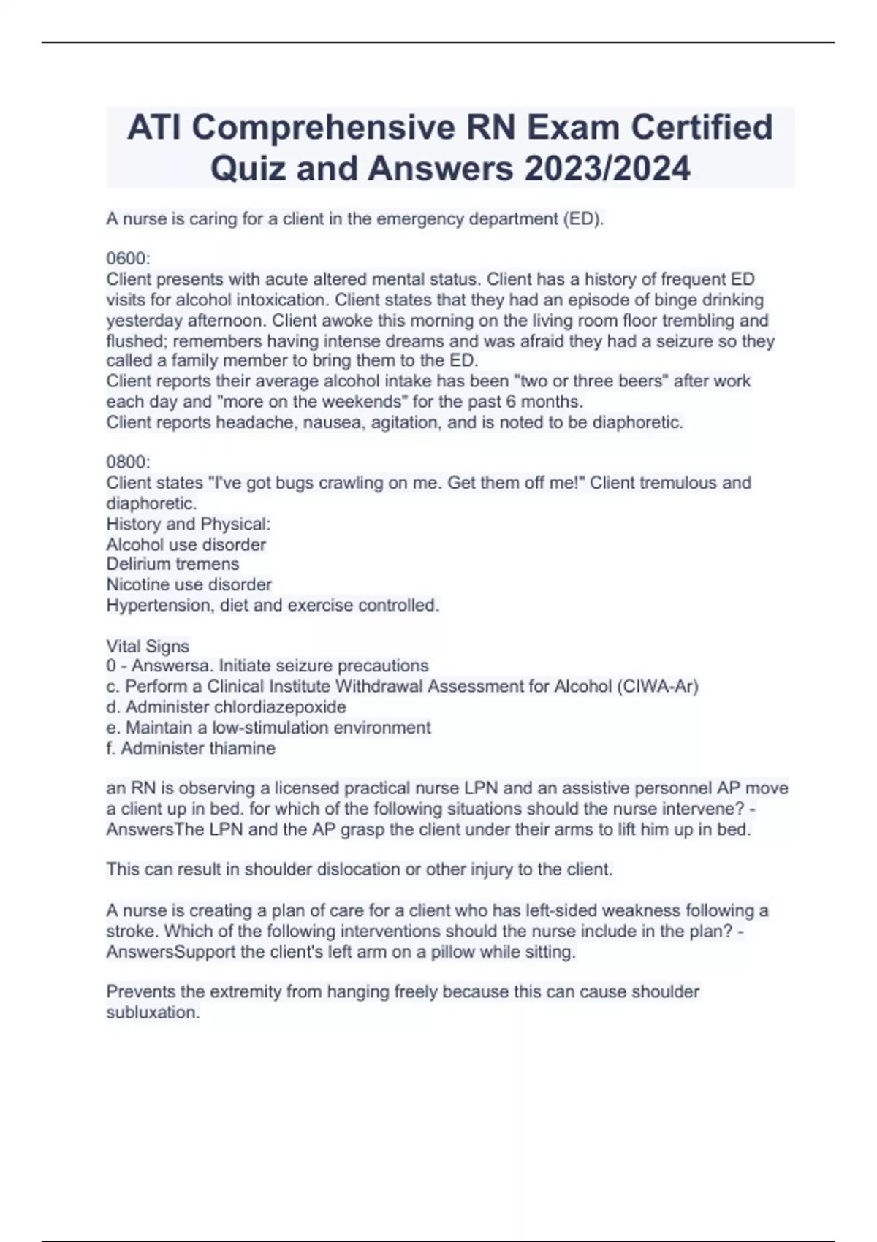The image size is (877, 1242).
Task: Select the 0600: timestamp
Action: [128, 259]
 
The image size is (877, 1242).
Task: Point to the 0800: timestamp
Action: [128, 462]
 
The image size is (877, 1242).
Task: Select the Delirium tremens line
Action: [172, 564]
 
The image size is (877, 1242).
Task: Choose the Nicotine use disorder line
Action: [189, 584]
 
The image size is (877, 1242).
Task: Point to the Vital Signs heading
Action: [148, 646]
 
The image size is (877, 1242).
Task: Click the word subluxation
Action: [152, 1013]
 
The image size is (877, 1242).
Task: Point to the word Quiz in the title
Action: [243, 169]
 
